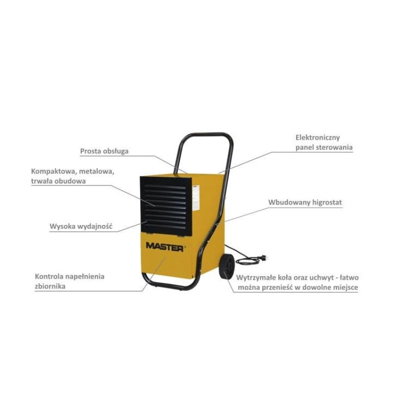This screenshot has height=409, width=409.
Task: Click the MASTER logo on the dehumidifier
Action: click(x=165, y=246)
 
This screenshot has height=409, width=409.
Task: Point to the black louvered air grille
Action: click(x=166, y=207)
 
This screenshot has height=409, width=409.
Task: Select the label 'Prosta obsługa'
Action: click(x=104, y=151)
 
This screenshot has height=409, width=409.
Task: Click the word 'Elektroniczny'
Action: click(x=317, y=138)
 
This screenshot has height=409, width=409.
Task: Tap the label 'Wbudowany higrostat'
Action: click(x=305, y=202)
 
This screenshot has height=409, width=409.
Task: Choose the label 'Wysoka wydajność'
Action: click(x=81, y=226)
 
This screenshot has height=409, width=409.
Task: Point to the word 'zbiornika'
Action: click(x=50, y=286)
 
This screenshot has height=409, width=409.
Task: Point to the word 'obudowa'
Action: click(x=70, y=181)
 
